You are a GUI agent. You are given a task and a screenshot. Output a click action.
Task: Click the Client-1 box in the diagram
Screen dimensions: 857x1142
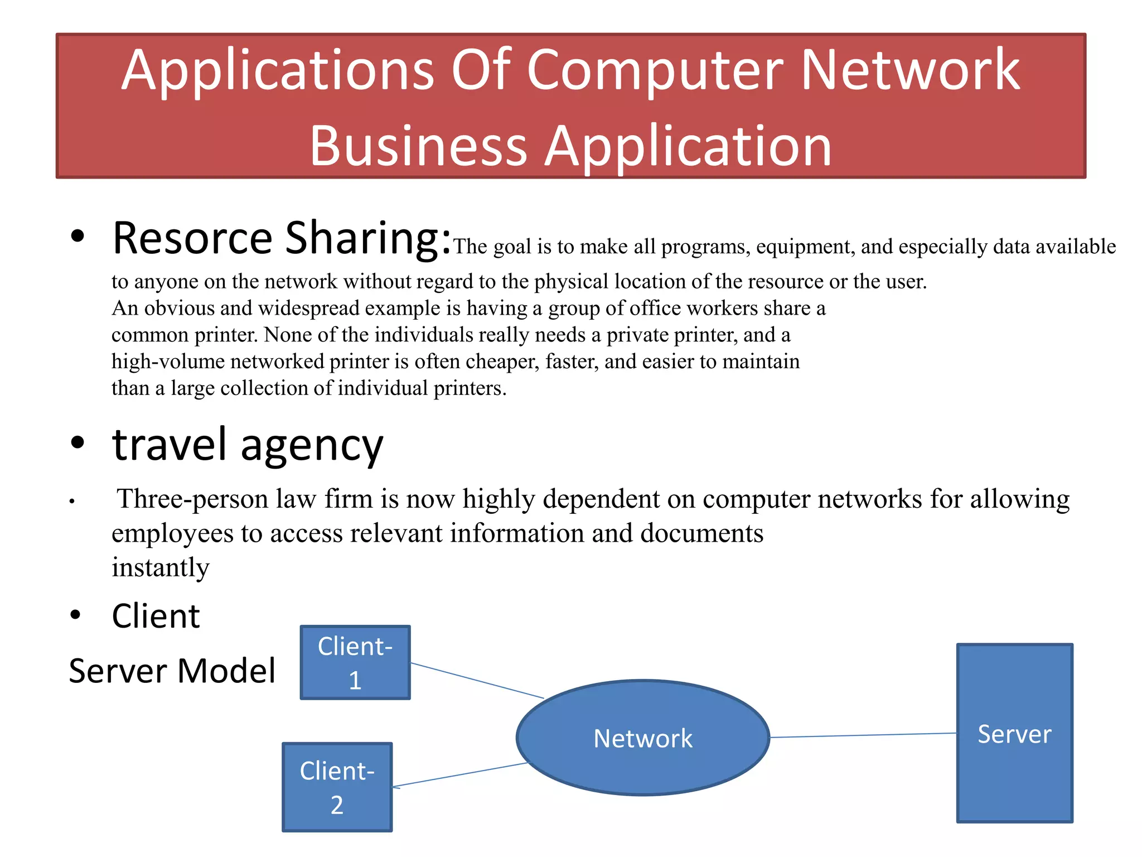355,662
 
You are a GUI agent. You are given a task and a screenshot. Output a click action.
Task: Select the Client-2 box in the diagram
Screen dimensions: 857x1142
337,787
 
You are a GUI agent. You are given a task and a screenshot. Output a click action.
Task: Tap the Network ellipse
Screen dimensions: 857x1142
643,738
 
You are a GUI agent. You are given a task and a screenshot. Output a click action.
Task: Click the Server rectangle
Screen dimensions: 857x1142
1014,733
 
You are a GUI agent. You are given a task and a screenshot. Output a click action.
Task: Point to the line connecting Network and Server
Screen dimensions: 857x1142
863,735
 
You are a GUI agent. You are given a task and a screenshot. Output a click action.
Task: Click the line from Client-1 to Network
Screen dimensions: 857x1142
477,681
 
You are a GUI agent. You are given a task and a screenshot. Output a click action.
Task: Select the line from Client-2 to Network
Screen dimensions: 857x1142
460,775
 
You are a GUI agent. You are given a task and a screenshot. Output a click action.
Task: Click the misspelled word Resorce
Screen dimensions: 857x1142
192,239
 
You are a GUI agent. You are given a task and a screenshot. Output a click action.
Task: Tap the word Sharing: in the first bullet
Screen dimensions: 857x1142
367,239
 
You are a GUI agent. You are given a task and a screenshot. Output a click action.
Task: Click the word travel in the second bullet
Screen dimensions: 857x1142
170,445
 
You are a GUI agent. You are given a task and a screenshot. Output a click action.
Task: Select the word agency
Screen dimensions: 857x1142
312,447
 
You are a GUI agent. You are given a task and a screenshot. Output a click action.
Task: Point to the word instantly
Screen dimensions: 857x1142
161,568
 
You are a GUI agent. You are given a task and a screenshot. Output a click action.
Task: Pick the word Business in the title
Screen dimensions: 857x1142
418,146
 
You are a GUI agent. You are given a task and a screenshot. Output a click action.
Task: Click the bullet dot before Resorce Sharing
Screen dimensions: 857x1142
78,236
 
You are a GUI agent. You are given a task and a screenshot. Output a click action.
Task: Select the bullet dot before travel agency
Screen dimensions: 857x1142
78,442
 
